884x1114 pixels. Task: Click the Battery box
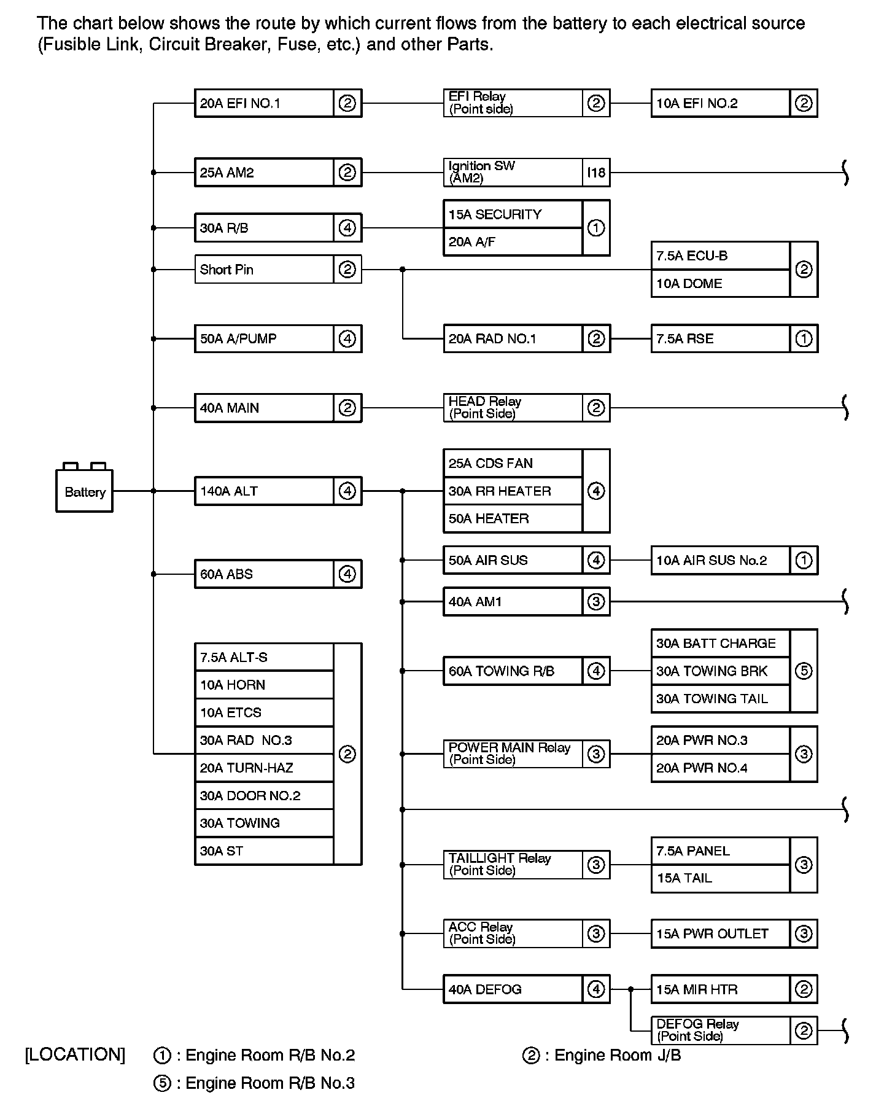point(84,491)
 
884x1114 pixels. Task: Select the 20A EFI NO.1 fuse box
point(265,103)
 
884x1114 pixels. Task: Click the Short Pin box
point(265,270)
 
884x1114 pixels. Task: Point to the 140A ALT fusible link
point(265,491)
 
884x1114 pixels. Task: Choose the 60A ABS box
point(265,574)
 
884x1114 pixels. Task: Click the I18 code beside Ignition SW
point(596,173)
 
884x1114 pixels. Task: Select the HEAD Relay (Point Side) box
point(513,408)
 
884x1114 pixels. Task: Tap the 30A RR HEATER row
point(513,491)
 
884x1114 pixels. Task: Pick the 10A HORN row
point(265,685)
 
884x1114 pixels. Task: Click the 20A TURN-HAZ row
point(265,768)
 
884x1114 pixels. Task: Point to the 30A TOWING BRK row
point(720,671)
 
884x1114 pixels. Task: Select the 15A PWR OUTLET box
point(720,934)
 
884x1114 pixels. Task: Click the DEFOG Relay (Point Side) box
point(720,1030)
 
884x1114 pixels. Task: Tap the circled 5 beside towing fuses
point(804,671)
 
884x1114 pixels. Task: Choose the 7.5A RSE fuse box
point(720,339)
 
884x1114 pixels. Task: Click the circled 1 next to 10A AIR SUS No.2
point(804,560)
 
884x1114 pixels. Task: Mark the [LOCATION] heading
point(75,1055)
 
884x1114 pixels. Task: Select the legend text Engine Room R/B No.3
point(270,1083)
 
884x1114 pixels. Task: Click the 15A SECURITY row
point(513,214)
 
